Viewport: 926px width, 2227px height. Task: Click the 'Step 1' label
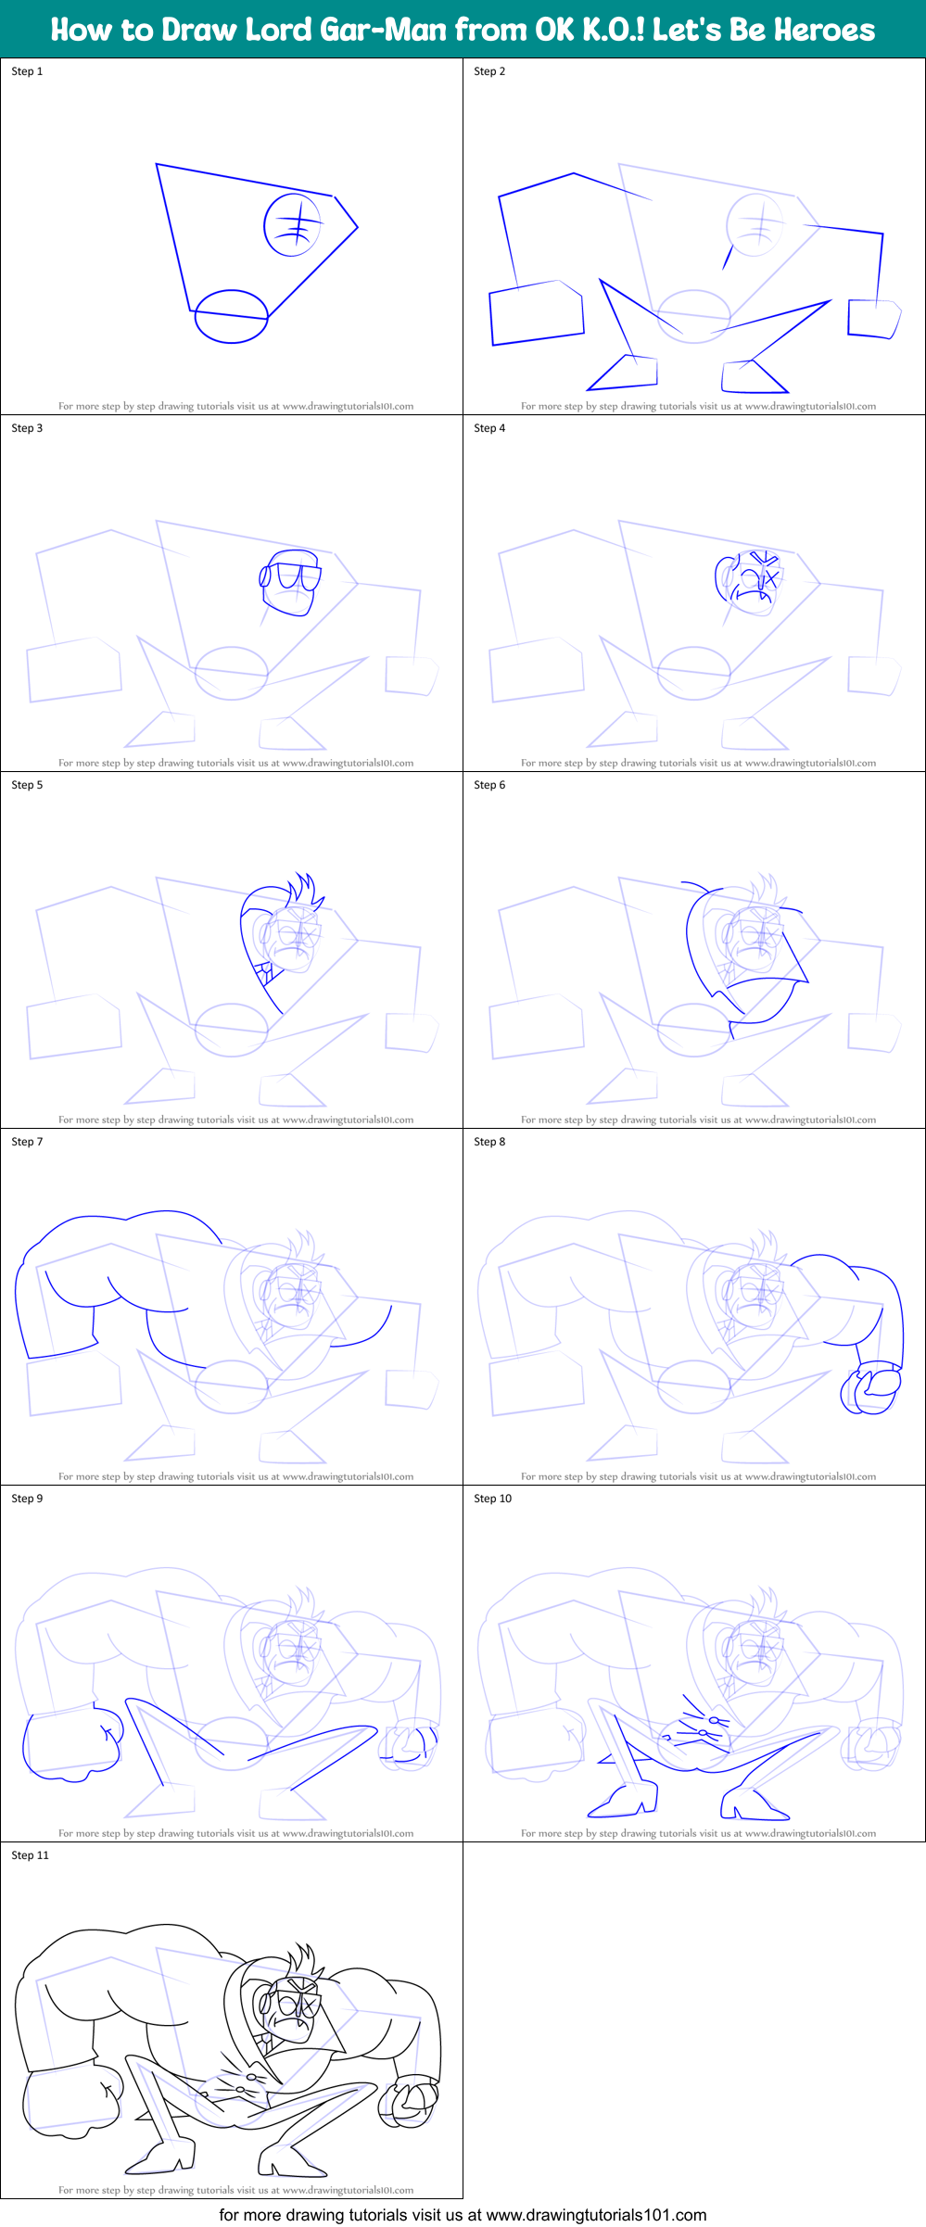[x=27, y=71]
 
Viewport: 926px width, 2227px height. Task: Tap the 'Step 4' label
[x=489, y=428]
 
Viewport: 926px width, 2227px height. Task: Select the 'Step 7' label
[x=27, y=1142]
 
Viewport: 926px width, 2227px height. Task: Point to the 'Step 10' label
[x=492, y=1499]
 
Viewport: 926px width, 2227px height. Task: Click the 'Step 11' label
[x=30, y=1855]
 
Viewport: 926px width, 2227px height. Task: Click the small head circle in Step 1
[x=293, y=225]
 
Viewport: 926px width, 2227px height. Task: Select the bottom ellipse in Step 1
[x=231, y=316]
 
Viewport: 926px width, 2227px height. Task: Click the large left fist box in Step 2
[x=537, y=313]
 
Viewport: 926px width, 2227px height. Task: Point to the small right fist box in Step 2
[x=873, y=319]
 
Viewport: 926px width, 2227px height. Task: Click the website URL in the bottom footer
[x=596, y=2214]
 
